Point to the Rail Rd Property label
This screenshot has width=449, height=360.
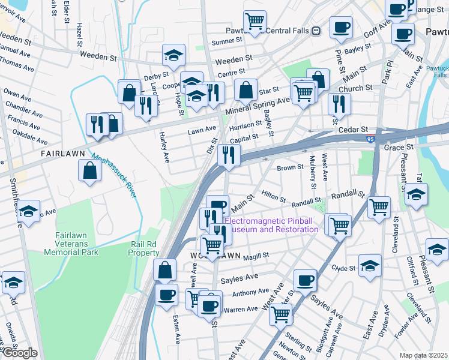coord(144,248)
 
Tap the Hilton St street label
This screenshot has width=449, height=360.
coord(274,195)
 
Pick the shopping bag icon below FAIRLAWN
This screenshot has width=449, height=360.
coord(89,170)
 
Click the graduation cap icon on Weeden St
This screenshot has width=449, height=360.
coord(174,55)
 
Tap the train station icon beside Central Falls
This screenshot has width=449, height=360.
coord(316,31)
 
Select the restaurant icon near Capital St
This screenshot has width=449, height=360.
coord(228,154)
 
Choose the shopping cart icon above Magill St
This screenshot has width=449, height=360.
coord(212,245)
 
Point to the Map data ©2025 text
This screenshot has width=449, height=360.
coord(423,355)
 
